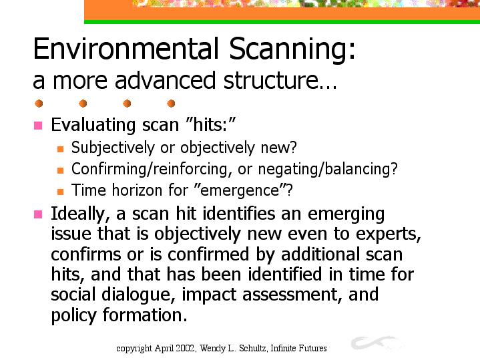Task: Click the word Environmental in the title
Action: [x=126, y=48]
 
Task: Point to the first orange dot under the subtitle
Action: [x=39, y=104]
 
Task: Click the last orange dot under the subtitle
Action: [x=171, y=104]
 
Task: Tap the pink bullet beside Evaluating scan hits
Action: [x=38, y=126]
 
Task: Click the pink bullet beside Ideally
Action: [x=38, y=214]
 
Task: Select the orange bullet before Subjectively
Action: [x=60, y=149]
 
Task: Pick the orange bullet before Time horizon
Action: [x=60, y=192]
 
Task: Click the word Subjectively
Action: [x=113, y=148]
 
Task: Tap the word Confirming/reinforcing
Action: [x=150, y=169]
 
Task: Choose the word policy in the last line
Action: [x=73, y=315]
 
